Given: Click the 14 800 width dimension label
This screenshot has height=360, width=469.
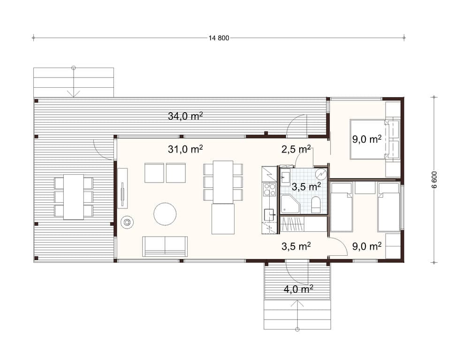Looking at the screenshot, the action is coord(219,38).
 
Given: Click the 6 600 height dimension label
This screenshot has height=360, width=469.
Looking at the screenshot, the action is coord(434,180).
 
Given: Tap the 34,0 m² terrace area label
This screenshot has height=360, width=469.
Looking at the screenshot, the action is coord(185,116).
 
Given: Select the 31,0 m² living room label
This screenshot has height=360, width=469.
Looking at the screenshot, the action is coord(185,149).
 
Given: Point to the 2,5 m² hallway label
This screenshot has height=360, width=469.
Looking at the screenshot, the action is coord(296,149).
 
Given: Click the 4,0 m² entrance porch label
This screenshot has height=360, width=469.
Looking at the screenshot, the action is coord(298,289).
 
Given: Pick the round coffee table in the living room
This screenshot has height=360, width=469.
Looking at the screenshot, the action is coord(165,214).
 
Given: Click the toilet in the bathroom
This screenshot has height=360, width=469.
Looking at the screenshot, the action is coord(316,205).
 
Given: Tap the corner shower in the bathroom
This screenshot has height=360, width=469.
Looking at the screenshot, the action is coord(290,204).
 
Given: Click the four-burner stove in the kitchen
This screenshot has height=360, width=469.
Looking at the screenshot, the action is coord(269,189).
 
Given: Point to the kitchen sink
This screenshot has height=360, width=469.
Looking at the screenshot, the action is coord(270,214).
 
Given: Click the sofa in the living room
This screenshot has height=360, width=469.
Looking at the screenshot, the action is coord(165,246).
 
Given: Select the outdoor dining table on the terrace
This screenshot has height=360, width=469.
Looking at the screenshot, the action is coord(74,197).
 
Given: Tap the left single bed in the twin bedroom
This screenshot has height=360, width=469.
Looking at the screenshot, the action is coord(341,207).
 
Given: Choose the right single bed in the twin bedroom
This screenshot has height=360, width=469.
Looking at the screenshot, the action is coord(388,207).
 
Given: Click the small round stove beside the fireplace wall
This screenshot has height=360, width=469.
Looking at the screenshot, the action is coord(127,222).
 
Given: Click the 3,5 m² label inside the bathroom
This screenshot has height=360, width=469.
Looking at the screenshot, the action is coord(307,187).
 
